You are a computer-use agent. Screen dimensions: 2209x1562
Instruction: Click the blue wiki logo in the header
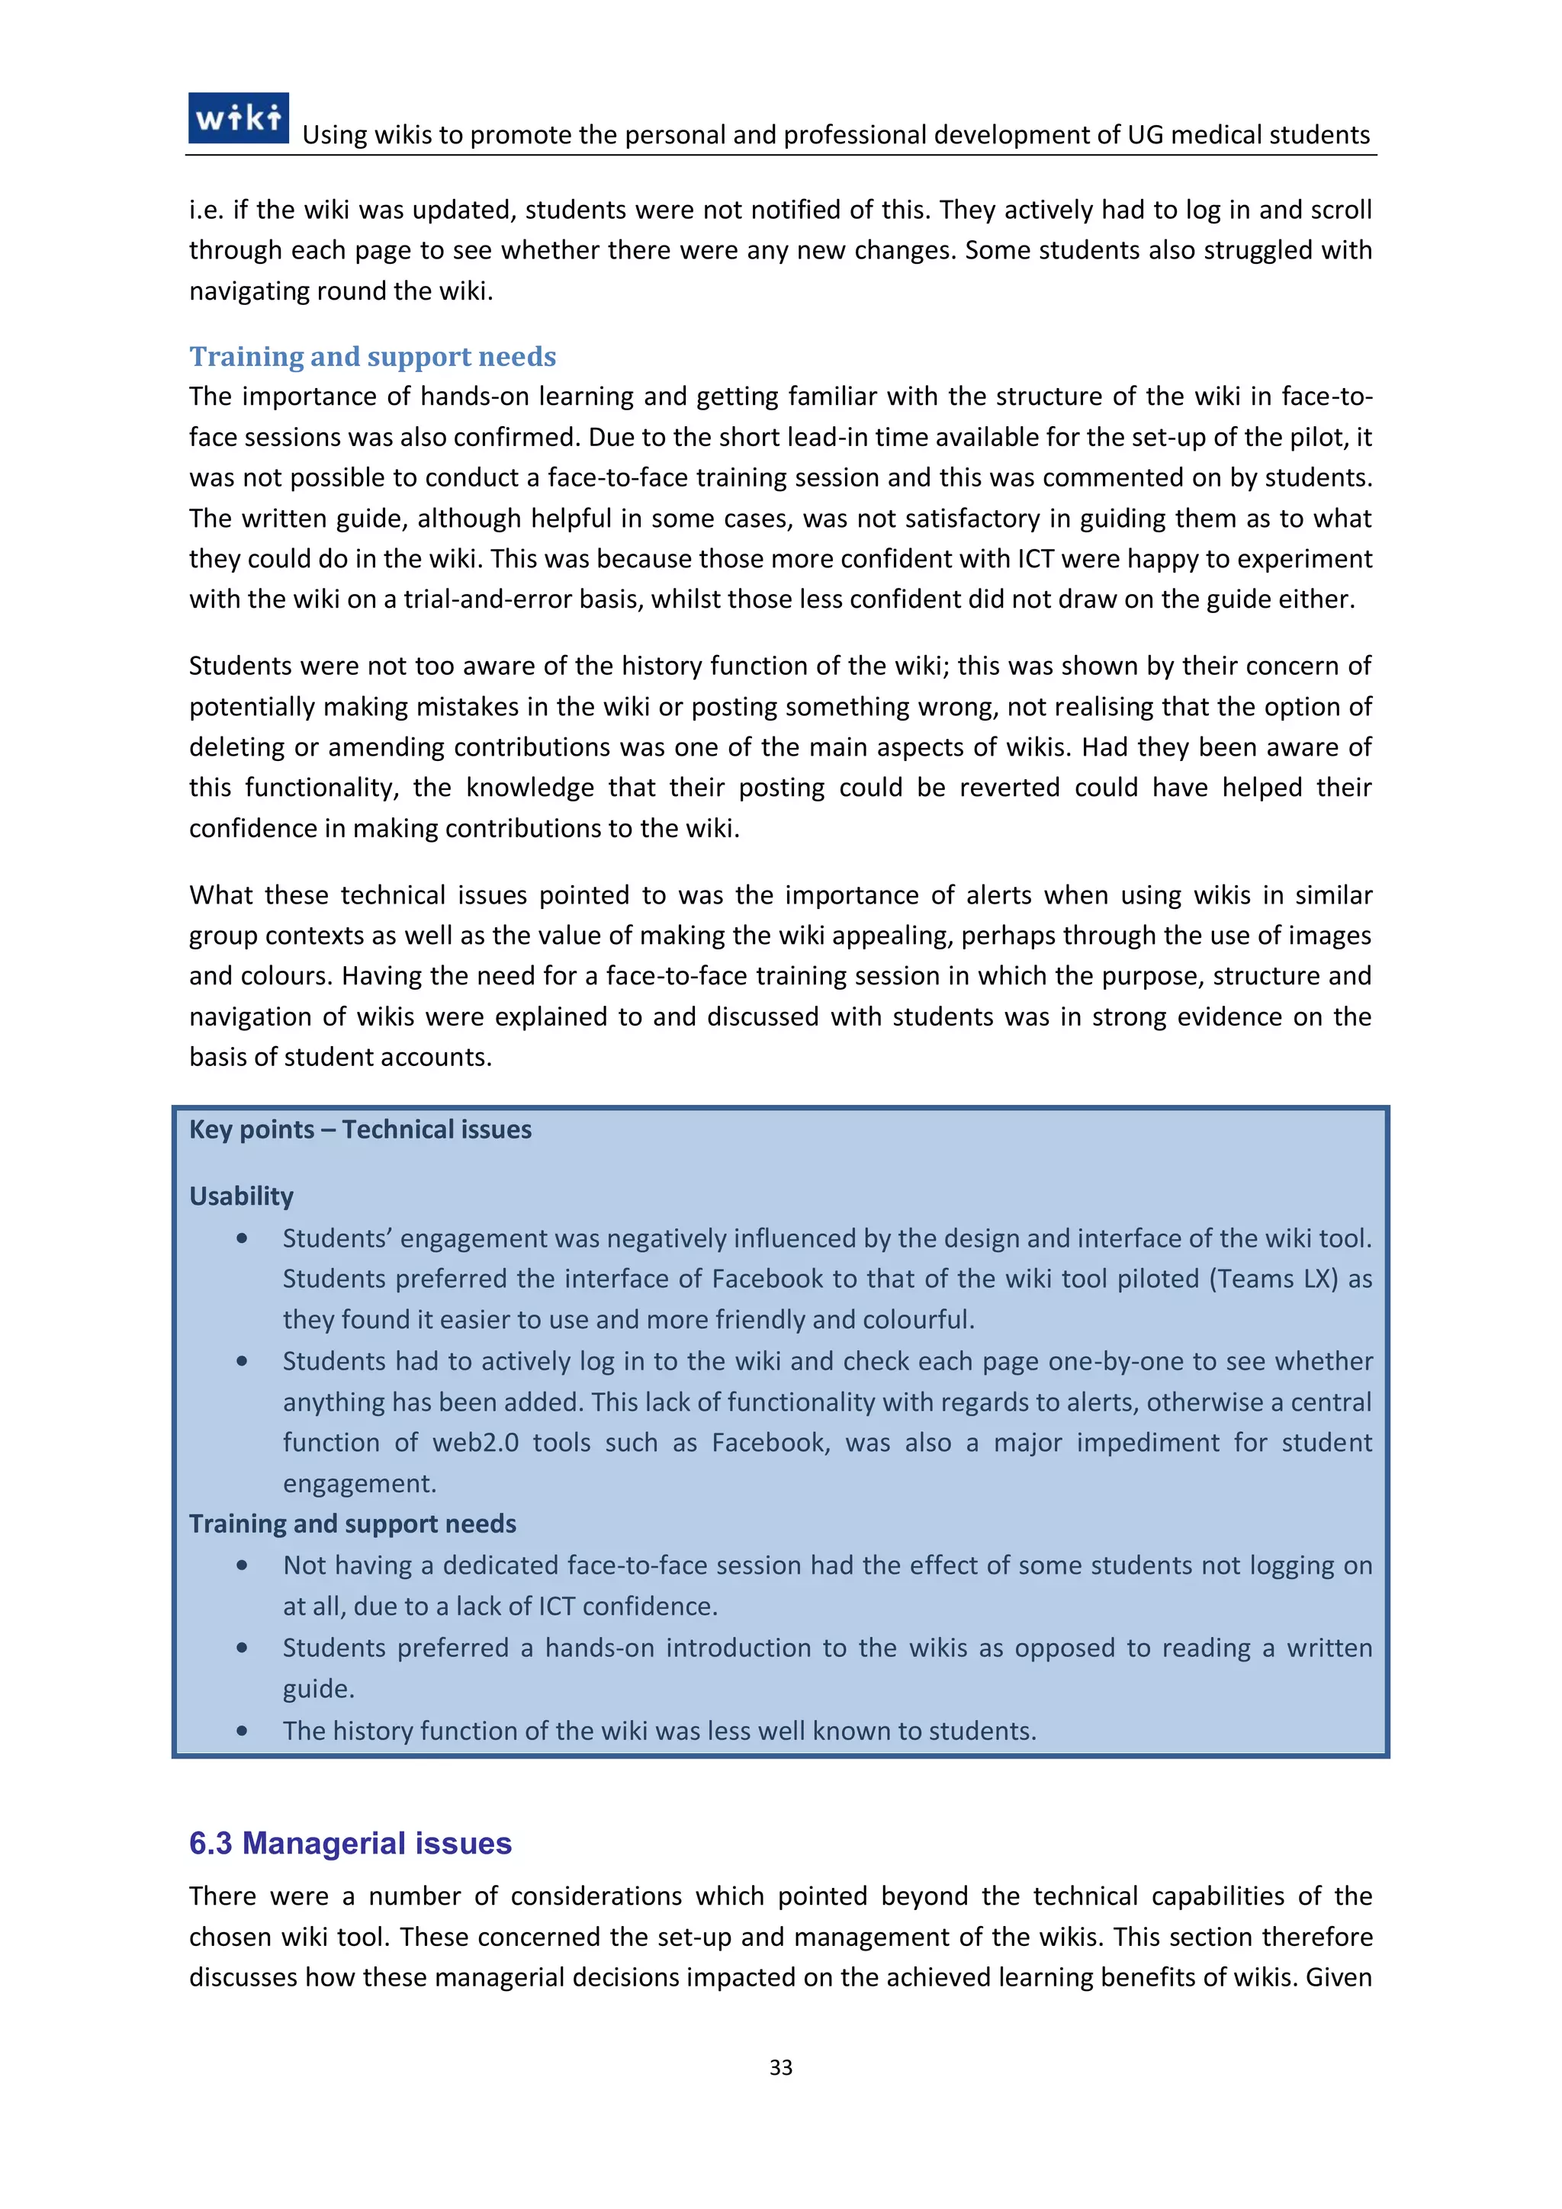(x=238, y=118)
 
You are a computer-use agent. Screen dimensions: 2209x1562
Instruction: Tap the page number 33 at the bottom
(x=780, y=2066)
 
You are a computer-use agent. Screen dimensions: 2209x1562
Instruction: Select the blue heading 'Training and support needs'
(x=372, y=356)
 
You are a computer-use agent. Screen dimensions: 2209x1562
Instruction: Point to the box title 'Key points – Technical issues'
(x=360, y=1129)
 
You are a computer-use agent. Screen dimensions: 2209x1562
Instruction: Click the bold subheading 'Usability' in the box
(x=240, y=1196)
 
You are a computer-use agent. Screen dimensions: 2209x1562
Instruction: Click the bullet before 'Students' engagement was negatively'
(x=242, y=1239)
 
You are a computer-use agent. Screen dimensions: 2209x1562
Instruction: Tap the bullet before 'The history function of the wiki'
(x=242, y=1731)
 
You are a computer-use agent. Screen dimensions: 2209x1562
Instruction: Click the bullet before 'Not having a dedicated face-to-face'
(x=242, y=1565)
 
